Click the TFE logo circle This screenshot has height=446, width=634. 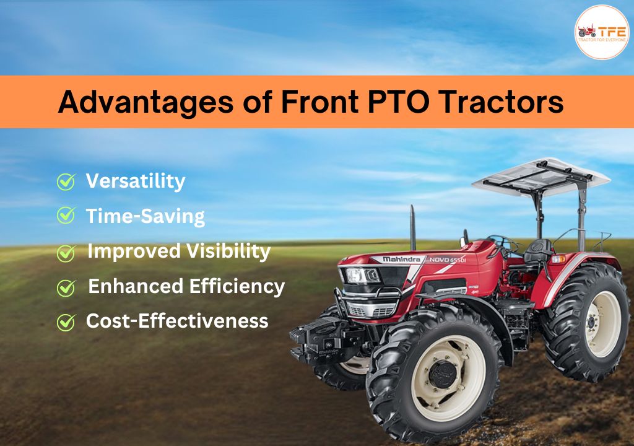pos(601,32)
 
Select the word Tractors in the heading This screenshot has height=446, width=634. pos(510,102)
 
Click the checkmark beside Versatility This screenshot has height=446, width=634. pos(65,182)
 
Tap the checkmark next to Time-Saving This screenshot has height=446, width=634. pos(65,216)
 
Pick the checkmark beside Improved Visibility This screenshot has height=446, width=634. pos(65,253)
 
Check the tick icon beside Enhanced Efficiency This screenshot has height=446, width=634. pos(65,287)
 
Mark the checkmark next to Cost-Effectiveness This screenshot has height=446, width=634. pos(65,322)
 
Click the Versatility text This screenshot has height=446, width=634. pos(135,181)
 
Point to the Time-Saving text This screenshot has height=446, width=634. pos(145,216)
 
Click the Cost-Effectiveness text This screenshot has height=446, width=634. pos(176,321)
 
